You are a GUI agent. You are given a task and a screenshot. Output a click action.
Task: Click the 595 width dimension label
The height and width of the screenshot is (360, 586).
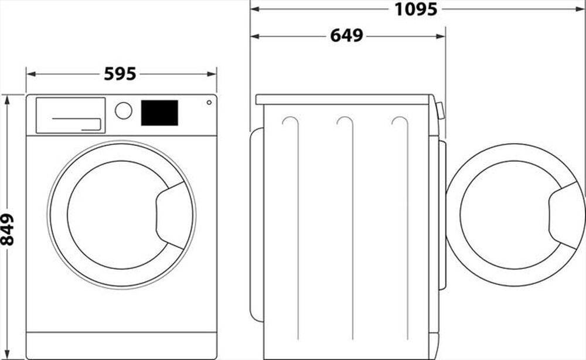(120, 74)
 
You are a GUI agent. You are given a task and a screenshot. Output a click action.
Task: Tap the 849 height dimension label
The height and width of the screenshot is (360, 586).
(8, 229)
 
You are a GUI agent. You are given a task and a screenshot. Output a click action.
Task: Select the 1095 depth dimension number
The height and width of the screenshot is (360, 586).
(415, 9)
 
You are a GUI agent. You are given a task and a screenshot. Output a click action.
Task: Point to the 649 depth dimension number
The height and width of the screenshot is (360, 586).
(346, 36)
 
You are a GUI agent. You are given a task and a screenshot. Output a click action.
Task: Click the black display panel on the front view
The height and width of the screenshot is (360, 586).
(159, 113)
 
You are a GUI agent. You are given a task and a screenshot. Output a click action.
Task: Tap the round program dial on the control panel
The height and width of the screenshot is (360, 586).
(124, 110)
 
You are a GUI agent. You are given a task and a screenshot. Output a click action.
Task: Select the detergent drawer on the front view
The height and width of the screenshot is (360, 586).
(70, 115)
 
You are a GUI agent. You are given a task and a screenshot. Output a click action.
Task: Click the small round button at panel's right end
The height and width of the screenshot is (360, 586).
(209, 103)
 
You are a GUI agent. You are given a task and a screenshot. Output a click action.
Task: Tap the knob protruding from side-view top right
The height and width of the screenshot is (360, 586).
(439, 110)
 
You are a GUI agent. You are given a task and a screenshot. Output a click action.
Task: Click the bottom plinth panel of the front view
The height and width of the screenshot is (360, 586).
(121, 345)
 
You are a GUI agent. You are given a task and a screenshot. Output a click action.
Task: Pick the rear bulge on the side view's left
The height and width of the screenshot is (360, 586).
(255, 223)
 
